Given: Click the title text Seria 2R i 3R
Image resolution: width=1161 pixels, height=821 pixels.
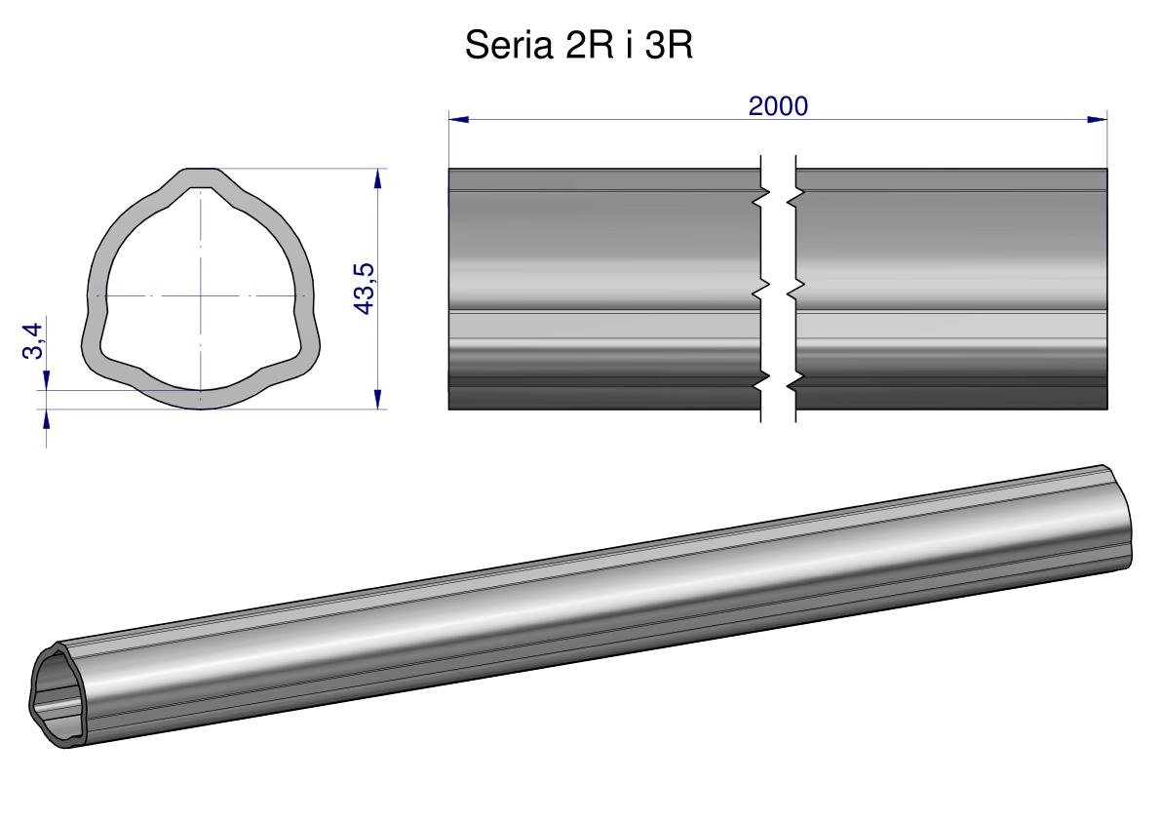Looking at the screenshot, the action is click(578, 46).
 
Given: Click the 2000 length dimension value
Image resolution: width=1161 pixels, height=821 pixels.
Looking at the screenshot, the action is click(778, 106).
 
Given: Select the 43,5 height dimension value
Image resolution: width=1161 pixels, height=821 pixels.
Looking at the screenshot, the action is click(366, 289).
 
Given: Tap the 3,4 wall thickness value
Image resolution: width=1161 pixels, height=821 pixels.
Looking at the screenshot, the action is click(33, 340).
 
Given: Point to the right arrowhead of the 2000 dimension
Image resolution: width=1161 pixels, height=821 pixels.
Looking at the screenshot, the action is click(1098, 118).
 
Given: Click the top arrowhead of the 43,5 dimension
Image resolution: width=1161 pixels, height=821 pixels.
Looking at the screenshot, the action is click(378, 179).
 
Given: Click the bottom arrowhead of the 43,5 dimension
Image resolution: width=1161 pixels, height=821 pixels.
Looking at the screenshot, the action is click(378, 398).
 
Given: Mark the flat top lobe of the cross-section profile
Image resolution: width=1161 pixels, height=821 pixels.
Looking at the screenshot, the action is click(201, 177).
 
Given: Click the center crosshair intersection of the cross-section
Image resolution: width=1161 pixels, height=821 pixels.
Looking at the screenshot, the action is click(201, 296).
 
